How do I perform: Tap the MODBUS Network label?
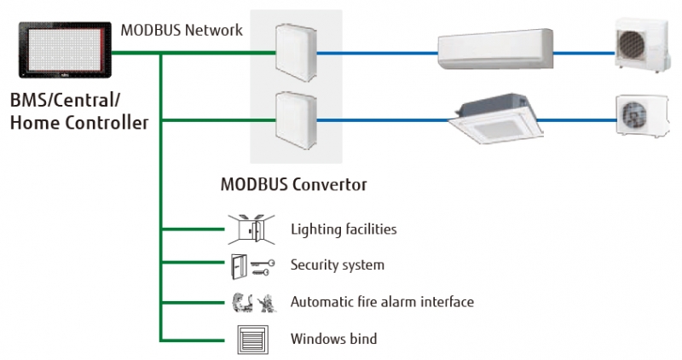(182, 31)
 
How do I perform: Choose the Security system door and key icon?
(251, 265)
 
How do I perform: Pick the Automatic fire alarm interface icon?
(251, 302)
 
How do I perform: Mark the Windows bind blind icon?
(251, 339)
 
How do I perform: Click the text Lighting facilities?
(343, 229)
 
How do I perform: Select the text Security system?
(337, 265)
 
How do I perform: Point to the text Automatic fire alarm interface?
(381, 302)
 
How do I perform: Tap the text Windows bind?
(333, 339)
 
